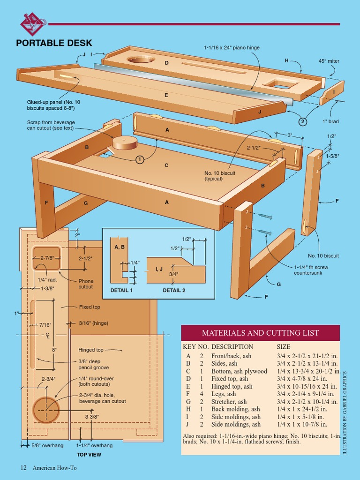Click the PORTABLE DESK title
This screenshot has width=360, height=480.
(x=54, y=44)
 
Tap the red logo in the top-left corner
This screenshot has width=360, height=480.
(x=32, y=23)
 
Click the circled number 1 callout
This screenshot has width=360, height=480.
(x=140, y=160)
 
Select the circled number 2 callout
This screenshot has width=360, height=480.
(x=303, y=122)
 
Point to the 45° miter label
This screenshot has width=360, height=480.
(x=329, y=61)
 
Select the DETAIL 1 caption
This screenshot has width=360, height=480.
(x=121, y=290)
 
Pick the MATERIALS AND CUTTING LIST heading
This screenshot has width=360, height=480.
(x=260, y=333)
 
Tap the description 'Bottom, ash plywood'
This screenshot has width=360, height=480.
(x=239, y=371)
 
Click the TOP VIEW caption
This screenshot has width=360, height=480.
(x=89, y=455)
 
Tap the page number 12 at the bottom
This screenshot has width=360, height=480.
(x=23, y=467)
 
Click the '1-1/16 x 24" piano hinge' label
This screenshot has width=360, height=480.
(x=232, y=48)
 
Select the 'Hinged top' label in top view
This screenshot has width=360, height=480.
(x=91, y=350)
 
